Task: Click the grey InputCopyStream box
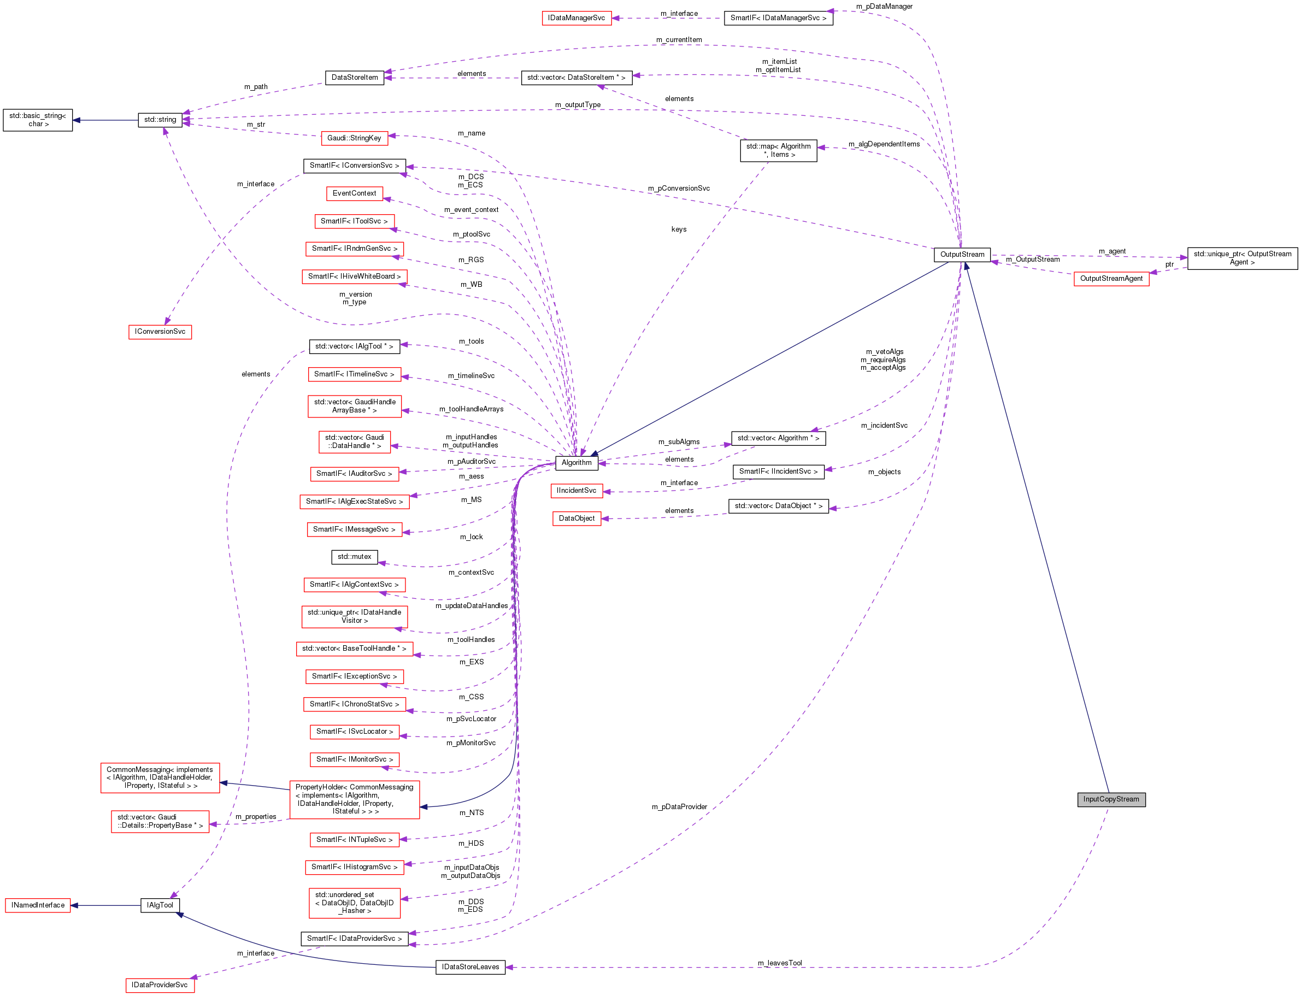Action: coord(1111,799)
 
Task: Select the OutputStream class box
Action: coord(961,255)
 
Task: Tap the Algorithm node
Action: coord(576,462)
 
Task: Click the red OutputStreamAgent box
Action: coord(1111,279)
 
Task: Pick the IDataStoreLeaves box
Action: coord(470,967)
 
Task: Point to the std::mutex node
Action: coord(354,557)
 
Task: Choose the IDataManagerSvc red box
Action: coord(576,18)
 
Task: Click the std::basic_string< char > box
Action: coord(37,120)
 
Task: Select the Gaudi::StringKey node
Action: coord(354,138)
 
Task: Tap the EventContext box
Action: coord(354,193)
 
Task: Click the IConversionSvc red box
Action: coord(160,332)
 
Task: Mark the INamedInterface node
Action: coord(37,905)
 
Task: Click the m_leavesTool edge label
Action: coord(779,963)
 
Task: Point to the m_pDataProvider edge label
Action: coord(679,807)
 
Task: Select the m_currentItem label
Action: coord(679,40)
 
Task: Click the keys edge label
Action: coord(679,229)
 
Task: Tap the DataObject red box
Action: coord(576,518)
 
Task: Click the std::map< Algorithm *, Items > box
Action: coord(778,151)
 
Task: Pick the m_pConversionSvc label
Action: coord(679,188)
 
